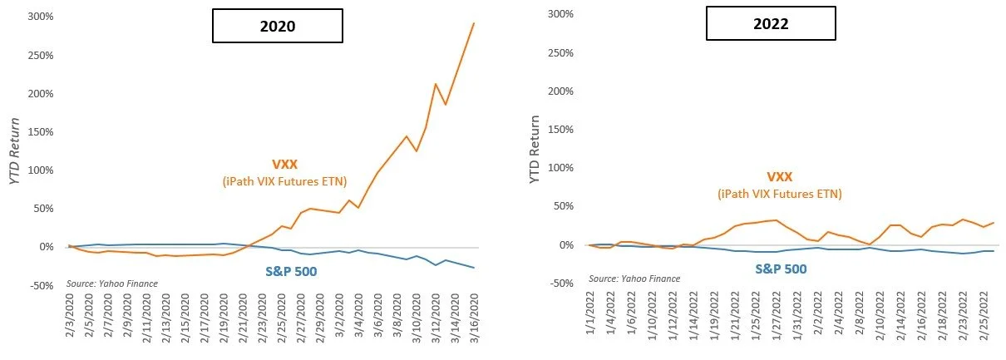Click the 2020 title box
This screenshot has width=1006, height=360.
[278, 26]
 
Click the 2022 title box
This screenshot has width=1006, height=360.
[771, 23]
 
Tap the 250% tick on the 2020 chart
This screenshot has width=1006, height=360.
[41, 55]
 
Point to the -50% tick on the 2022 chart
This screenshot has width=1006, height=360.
[560, 284]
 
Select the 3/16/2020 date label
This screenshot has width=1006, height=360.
[474, 318]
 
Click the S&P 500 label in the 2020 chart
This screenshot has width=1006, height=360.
[291, 272]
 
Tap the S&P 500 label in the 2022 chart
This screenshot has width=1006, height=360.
[781, 269]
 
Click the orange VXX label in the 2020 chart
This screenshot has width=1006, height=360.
[284, 165]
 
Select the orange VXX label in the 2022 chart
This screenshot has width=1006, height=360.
[780, 177]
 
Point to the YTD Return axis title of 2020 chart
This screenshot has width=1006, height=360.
[15, 150]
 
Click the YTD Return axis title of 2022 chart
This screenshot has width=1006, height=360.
[534, 149]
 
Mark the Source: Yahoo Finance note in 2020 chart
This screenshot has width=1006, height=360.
[112, 284]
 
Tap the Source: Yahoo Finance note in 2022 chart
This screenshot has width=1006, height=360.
[634, 279]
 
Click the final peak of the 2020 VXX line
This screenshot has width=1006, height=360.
[474, 23]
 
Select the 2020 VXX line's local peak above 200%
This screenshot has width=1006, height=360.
[435, 84]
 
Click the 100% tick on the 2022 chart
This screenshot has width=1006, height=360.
[560, 168]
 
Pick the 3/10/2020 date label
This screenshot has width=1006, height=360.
[417, 318]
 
